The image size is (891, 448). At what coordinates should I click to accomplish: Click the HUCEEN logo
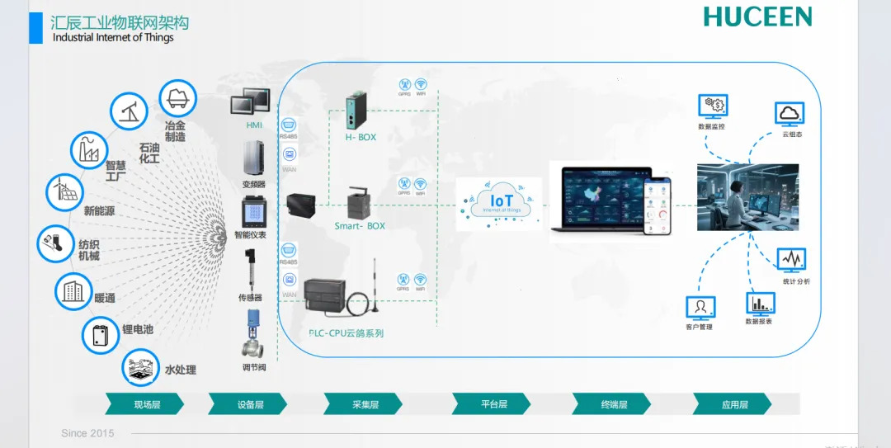(x=757, y=17)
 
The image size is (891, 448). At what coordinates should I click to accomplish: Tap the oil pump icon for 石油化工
(x=130, y=111)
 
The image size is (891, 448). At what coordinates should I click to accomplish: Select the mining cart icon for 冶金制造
(x=176, y=97)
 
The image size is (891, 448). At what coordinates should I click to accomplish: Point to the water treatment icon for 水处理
(x=140, y=369)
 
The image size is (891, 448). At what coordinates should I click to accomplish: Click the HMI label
(x=253, y=125)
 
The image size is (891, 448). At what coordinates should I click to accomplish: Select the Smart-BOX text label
(x=360, y=225)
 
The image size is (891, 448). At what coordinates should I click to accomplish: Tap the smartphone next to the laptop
(x=658, y=205)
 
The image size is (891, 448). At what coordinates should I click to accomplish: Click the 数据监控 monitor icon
(x=711, y=106)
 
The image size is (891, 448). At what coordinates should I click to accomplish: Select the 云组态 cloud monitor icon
(x=790, y=113)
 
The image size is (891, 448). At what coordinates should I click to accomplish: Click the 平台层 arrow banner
(x=493, y=404)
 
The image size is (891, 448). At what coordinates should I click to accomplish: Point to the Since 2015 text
(x=87, y=433)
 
